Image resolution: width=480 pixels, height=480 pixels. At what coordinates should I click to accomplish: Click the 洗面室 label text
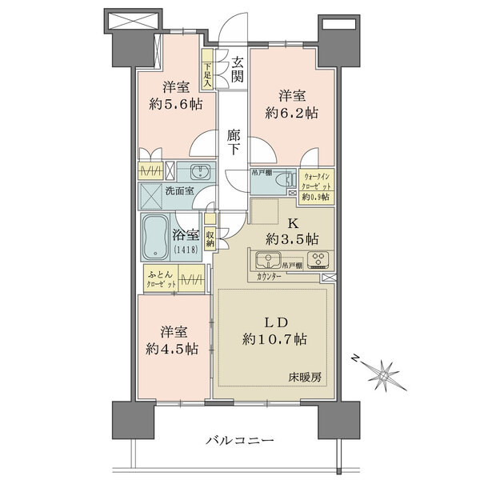pos(180,192)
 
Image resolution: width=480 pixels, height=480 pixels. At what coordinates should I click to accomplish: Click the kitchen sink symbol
pos(267,260)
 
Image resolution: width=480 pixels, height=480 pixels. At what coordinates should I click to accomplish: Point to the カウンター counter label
pos(270,276)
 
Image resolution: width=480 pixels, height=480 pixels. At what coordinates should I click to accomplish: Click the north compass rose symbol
pos(385,373)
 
